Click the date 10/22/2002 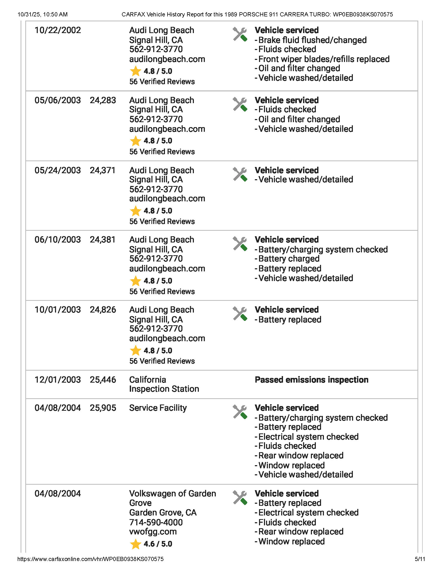coord(58,30)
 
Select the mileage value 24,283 coord(103,100)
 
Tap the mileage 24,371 coord(103,170)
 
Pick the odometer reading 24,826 coord(103,310)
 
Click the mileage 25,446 coord(103,380)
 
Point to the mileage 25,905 coord(103,408)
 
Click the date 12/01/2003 coord(58,380)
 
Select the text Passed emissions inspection coord(311,380)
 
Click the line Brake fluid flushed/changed coord(312,40)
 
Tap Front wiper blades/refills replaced coord(324,59)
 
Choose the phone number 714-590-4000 coord(156,522)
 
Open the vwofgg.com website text coord(153,532)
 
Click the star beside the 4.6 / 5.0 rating coord(136,544)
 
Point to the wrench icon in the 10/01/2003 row coord(240,314)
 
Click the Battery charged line coord(289,259)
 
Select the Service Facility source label coord(158,408)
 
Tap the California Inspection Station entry coord(164,384)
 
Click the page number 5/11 coord(420,559)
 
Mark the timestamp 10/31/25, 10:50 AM coord(42,14)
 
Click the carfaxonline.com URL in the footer coord(90,559)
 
